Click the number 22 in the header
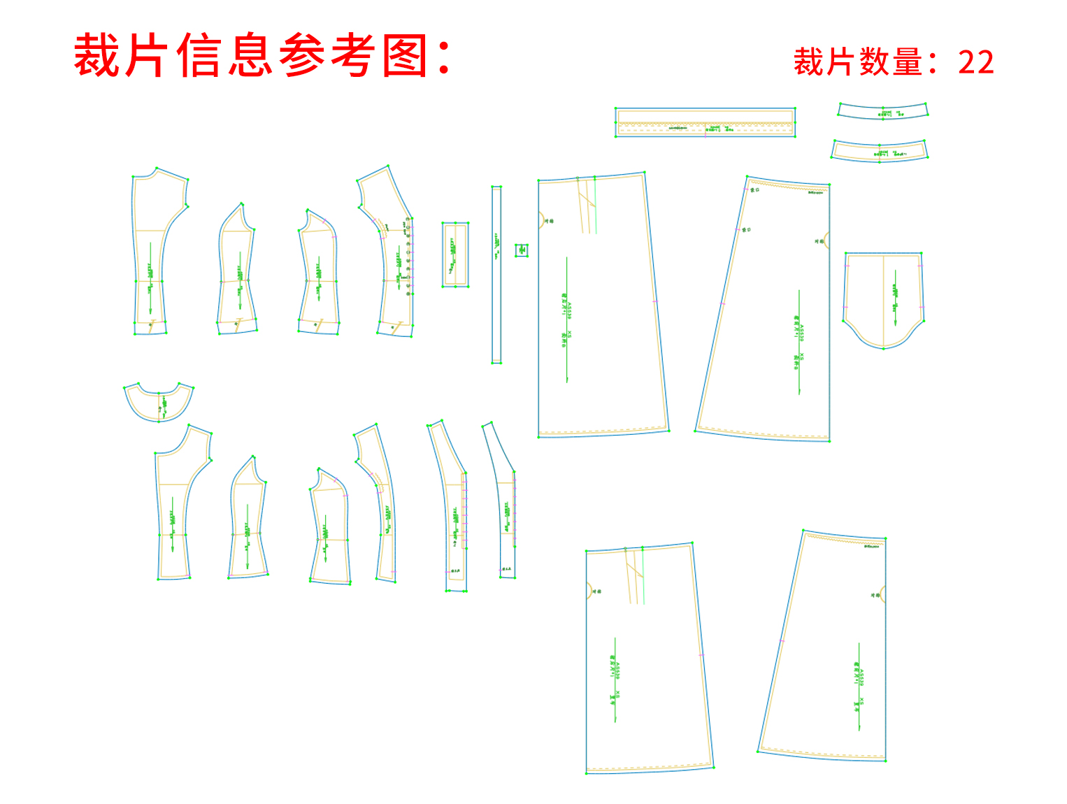coord(975,62)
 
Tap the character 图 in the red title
coord(406,56)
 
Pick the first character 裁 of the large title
coord(97,56)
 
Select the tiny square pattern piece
coord(522,250)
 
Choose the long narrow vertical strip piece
coord(496,275)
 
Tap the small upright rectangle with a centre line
coord(455,254)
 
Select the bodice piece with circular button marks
coord(392,259)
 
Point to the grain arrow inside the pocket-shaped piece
coord(896,297)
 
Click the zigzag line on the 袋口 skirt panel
coord(787,185)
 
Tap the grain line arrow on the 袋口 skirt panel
coord(799,343)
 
